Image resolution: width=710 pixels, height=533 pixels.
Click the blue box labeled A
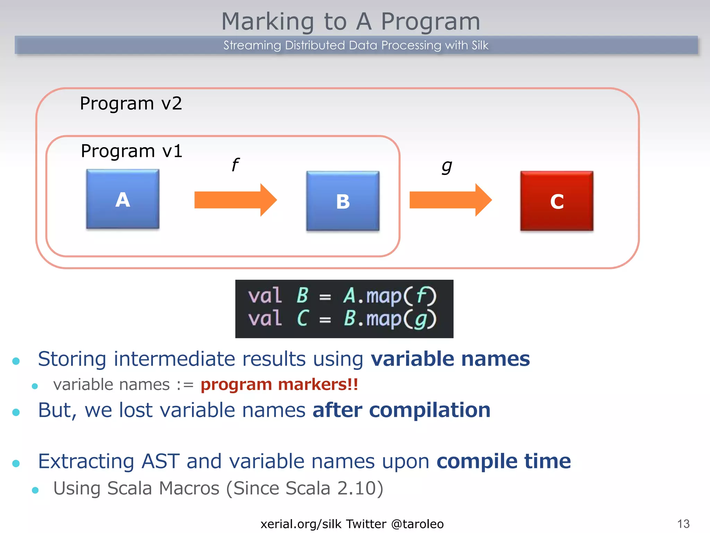[123, 199]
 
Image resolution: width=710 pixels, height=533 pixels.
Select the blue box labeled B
[343, 201]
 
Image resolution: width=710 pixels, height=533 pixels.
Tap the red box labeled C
[557, 201]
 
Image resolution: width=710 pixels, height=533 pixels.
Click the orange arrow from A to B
[235, 200]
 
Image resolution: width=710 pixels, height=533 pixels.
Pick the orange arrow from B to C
[450, 200]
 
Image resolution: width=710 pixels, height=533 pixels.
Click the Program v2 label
[131, 103]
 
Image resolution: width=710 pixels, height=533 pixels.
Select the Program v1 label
[131, 151]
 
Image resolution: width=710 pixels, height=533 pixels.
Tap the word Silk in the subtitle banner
[480, 45]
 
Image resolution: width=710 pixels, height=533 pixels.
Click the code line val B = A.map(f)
[342, 296]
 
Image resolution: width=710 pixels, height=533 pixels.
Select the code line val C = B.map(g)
[342, 319]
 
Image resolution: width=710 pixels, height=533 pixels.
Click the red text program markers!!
[279, 384]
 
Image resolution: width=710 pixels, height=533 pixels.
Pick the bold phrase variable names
[450, 359]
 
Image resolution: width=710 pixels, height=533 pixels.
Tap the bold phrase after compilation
[401, 410]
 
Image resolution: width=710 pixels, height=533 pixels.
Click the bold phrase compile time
[503, 461]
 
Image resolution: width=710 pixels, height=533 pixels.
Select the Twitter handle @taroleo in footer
[417, 524]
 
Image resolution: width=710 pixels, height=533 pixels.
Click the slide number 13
[683, 524]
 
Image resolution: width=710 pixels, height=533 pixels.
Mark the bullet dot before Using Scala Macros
[35, 490]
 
